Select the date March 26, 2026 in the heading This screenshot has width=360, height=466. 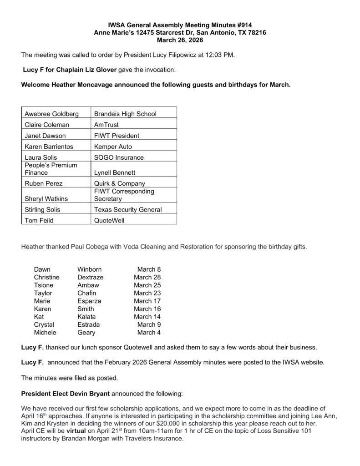pyautogui.click(x=180, y=40)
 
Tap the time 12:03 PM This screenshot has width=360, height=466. pyautogui.click(x=223, y=55)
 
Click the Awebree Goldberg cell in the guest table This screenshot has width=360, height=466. pyautogui.click(x=51, y=114)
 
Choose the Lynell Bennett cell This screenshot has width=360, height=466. pyautogui.click(x=115, y=173)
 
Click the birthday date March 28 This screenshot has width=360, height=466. pyautogui.click(x=147, y=277)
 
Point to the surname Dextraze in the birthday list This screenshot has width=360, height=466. pyautogui.click(x=90, y=277)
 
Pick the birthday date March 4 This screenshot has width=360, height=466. pyautogui.click(x=149, y=333)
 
